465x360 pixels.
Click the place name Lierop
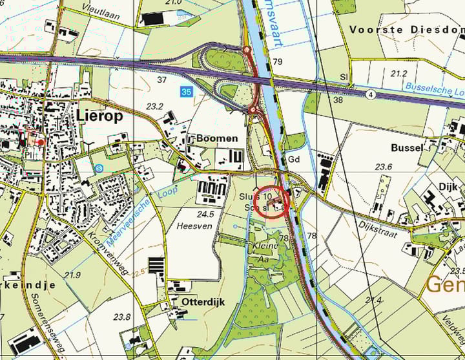click(x=100, y=115)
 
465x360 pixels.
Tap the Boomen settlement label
click(x=217, y=138)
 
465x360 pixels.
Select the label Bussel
click(x=407, y=147)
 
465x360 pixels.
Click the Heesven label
click(x=192, y=226)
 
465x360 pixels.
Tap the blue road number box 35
click(x=187, y=92)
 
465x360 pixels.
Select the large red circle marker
click(x=271, y=202)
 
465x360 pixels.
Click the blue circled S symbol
click(x=98, y=168)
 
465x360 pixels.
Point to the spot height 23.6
click(x=384, y=167)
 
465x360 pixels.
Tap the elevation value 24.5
click(x=205, y=213)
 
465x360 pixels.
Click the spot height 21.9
click(x=72, y=275)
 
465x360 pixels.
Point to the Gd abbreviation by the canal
click(x=294, y=159)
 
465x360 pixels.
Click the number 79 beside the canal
click(x=278, y=62)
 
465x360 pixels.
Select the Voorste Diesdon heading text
click(x=406, y=29)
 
